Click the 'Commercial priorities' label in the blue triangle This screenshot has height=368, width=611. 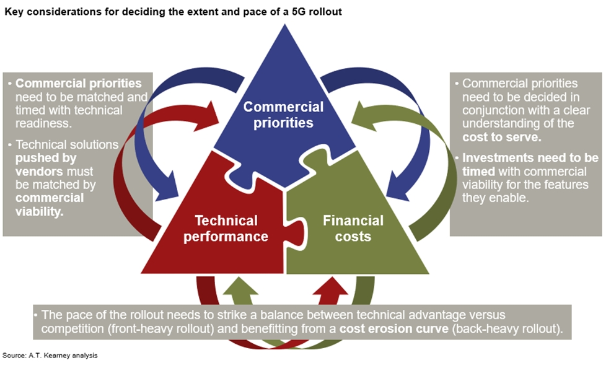tap(283, 115)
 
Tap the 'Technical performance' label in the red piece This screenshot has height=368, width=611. tap(226, 228)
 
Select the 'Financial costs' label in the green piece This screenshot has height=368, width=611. tap(353, 228)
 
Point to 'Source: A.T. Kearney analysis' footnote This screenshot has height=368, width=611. tap(50, 355)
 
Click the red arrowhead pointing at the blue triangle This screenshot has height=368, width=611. tap(211, 114)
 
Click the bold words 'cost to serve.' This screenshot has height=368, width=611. tap(501, 137)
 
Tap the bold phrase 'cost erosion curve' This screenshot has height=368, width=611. tap(394, 328)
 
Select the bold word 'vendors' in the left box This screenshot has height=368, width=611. tap(39, 172)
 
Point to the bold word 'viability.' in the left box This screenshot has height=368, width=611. tap(40, 211)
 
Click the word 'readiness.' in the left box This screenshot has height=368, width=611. tap(43, 123)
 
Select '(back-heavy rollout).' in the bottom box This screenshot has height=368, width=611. tap(508, 329)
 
